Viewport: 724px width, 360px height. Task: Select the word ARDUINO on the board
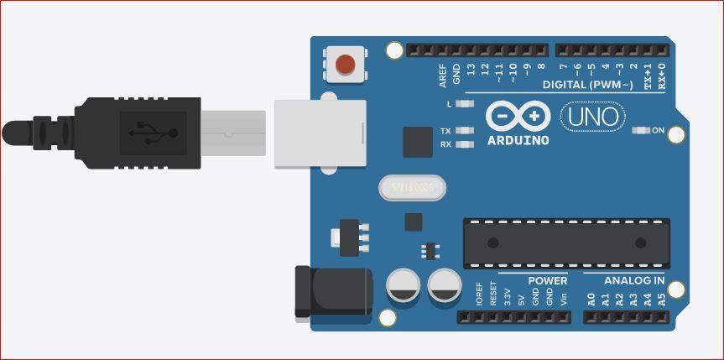[517, 140]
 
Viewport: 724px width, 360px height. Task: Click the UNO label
[593, 117]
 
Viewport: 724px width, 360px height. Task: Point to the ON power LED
[642, 130]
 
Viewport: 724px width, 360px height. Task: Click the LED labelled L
[466, 104]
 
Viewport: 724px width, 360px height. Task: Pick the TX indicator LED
[466, 131]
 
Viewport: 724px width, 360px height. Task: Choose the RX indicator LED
[466, 144]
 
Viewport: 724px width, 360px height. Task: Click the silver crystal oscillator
[412, 189]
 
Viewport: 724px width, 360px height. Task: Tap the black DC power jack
[333, 292]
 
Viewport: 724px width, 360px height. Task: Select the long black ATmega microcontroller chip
[567, 243]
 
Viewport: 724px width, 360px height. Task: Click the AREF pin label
[443, 76]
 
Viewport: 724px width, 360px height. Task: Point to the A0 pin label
[591, 298]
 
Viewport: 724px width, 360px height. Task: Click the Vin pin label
[564, 298]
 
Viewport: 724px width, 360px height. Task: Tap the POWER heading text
[547, 280]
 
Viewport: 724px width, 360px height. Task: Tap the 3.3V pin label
[508, 296]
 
